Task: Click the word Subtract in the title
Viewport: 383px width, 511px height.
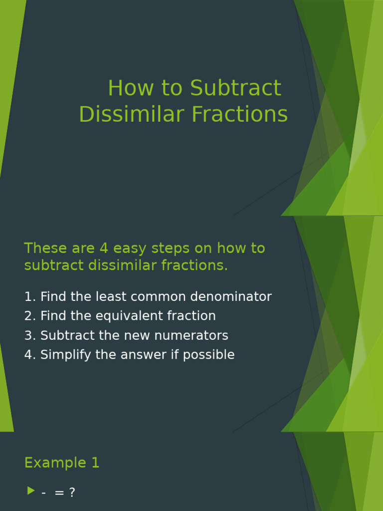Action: [235, 88]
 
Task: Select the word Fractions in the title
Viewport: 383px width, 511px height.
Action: [240, 114]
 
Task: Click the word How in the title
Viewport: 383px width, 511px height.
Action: [130, 88]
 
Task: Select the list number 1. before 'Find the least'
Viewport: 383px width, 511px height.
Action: [30, 297]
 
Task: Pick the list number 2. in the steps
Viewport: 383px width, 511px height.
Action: [30, 316]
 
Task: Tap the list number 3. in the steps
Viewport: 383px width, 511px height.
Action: [30, 335]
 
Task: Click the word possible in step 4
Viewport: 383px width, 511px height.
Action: [210, 355]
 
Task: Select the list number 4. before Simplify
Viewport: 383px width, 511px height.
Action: [30, 355]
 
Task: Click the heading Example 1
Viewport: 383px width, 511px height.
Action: [62, 463]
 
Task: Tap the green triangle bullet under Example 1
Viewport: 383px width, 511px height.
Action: [31, 491]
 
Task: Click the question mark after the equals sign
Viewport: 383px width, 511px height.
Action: [72, 493]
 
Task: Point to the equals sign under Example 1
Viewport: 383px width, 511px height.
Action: [59, 493]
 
